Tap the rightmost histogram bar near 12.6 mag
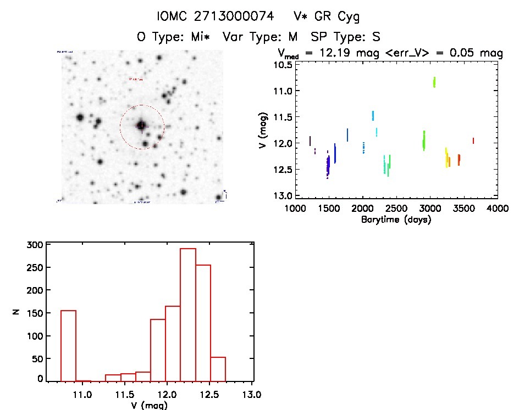coord(218,369)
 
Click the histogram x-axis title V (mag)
coord(146,405)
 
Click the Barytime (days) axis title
coord(396,220)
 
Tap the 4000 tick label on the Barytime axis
coord(498,209)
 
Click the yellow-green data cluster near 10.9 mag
coord(434,82)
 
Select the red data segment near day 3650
coord(473,141)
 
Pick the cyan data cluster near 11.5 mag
coord(373,115)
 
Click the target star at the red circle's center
coord(141,126)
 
